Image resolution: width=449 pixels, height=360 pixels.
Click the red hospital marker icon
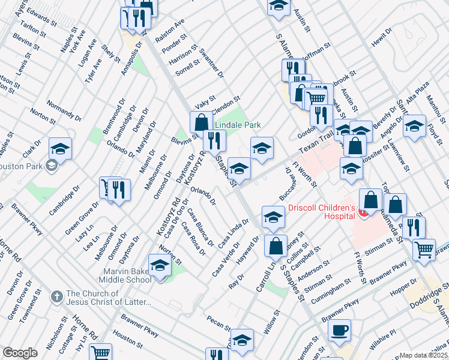(x=361, y=211)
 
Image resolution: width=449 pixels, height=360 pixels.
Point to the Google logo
(x=20, y=353)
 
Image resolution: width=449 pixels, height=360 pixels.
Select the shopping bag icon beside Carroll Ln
(x=276, y=245)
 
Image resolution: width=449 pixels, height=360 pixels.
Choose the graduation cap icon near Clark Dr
(x=60, y=148)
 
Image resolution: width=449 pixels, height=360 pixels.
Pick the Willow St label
(x=272, y=322)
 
